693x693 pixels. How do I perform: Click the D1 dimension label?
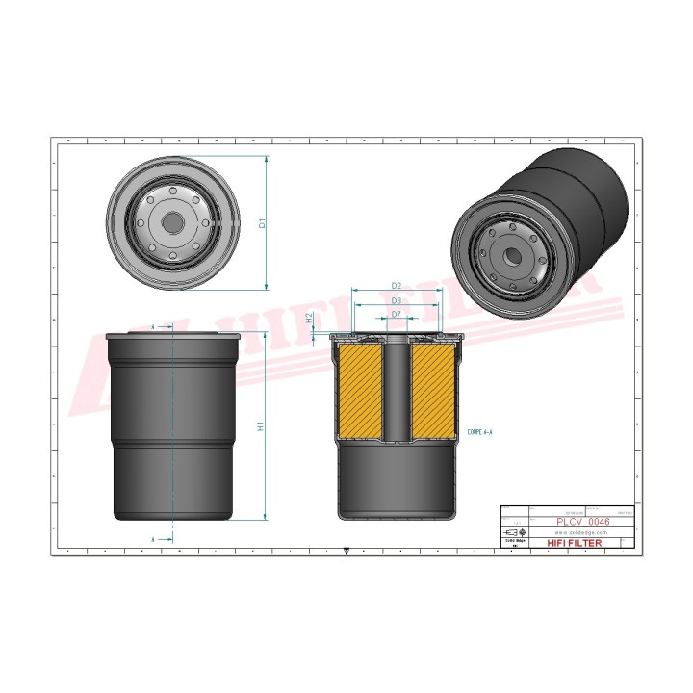262,223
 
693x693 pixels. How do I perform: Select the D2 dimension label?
396,286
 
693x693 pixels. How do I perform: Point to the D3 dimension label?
396,300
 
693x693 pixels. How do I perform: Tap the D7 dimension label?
396,314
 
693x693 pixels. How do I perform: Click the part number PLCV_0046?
583,521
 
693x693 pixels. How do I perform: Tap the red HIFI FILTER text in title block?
575,544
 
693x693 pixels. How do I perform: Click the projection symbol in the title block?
516,532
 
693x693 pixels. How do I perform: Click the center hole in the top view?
172,222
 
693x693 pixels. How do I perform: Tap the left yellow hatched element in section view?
358,389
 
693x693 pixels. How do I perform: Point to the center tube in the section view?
396,390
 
